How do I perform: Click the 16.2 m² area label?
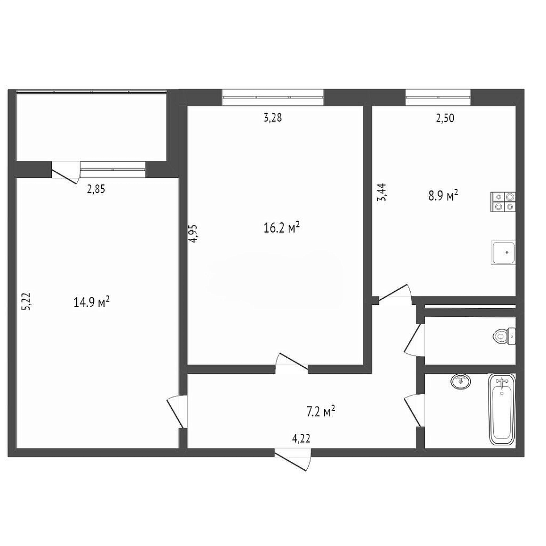[x=282, y=228]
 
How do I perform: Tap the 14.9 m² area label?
[x=92, y=302]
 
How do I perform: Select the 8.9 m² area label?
[x=443, y=196]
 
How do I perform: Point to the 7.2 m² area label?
[x=320, y=411]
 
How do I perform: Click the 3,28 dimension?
[x=272, y=118]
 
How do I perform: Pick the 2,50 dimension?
[x=445, y=118]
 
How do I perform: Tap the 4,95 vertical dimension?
[x=193, y=233]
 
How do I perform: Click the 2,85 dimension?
[x=96, y=189]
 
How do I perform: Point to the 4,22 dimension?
[x=301, y=439]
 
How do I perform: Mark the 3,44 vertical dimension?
[x=382, y=193]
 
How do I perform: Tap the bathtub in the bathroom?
[x=502, y=409]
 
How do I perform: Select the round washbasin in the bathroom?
[x=461, y=381]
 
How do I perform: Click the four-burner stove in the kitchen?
[x=503, y=202]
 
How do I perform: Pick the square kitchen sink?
[x=503, y=253]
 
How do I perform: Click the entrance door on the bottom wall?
[x=292, y=459]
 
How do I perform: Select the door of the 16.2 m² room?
[x=292, y=363]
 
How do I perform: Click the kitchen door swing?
[x=395, y=293]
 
